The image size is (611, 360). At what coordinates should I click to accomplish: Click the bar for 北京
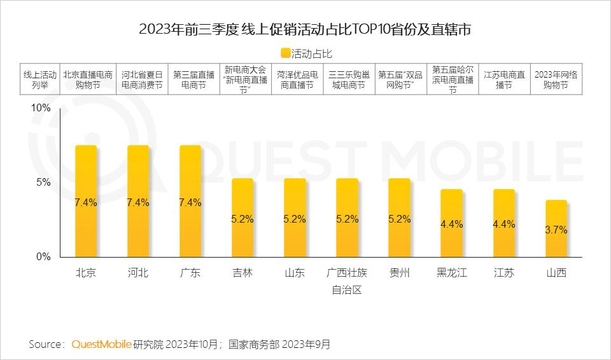86,201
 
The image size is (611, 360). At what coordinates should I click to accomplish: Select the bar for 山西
556,228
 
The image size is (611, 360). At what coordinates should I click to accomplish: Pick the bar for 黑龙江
451,223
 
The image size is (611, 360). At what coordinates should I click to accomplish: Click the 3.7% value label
556,230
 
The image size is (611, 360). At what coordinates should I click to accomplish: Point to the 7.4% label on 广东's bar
190,203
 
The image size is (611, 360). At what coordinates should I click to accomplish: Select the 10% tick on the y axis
41,109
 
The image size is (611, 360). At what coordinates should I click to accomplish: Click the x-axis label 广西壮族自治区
347,281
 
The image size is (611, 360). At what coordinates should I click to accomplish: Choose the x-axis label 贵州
399,273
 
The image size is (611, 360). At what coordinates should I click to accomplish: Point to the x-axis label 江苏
503,273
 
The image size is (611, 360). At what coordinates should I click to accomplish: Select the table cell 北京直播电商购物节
88,79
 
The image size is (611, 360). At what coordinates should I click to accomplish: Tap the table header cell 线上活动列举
40,79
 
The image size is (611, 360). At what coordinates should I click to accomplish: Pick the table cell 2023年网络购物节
556,79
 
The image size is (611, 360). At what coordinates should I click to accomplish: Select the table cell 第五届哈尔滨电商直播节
452,79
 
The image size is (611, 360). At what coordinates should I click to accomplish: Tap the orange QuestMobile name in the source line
101,345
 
